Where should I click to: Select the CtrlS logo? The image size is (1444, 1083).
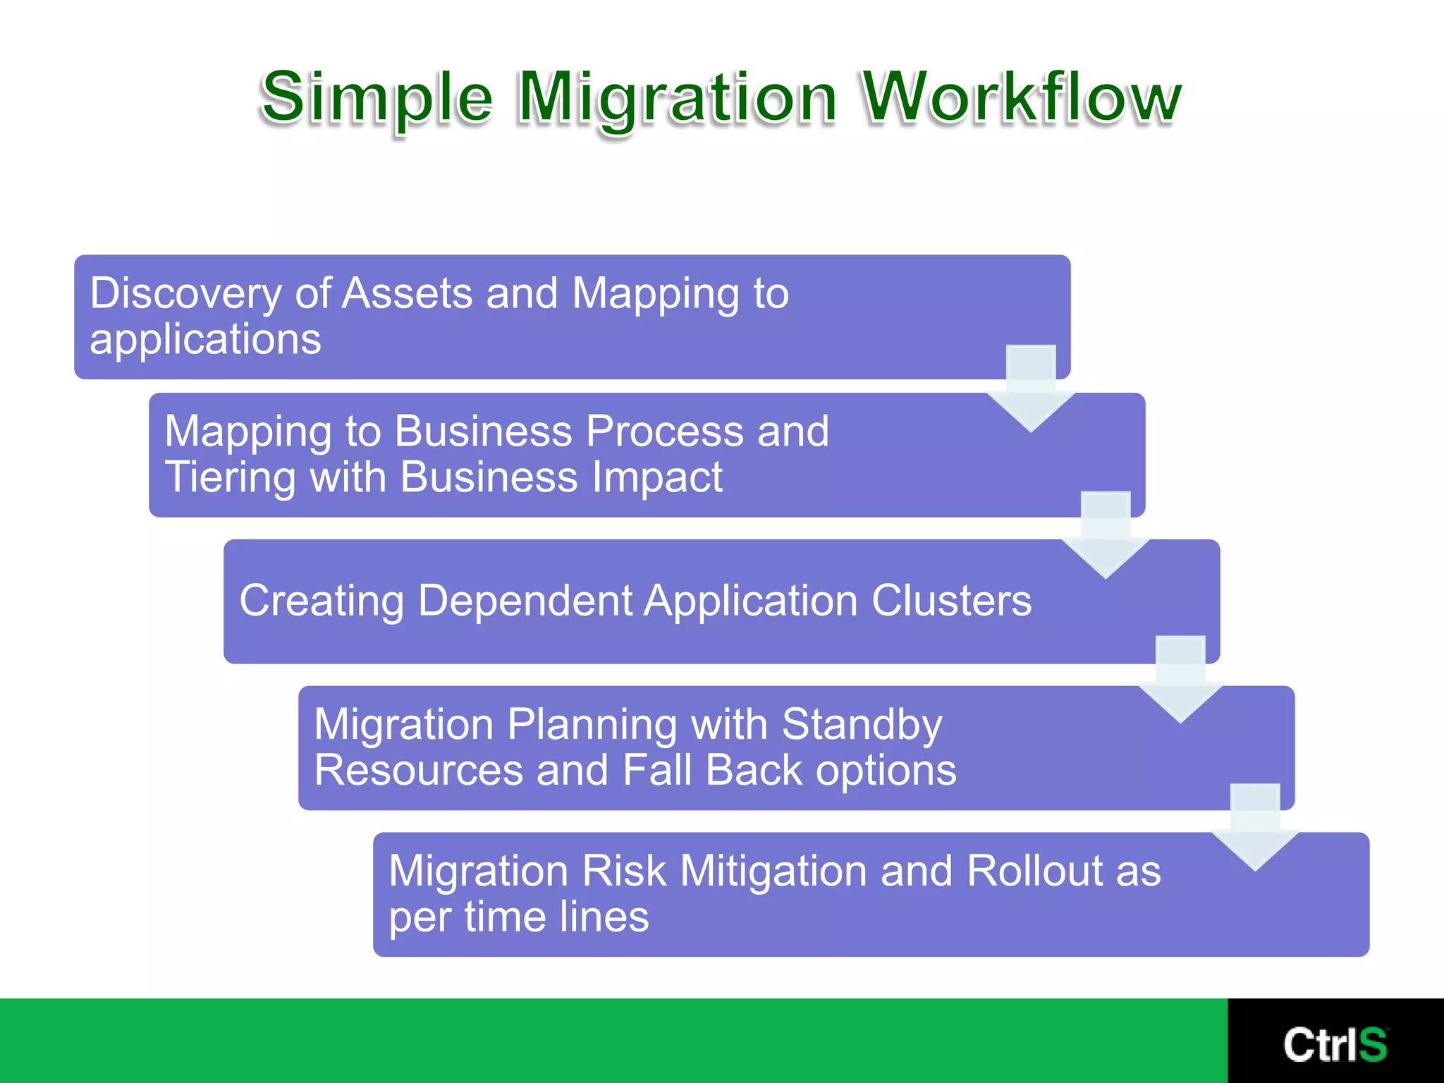pyautogui.click(x=1335, y=1044)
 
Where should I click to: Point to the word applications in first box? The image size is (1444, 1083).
pyautogui.click(x=205, y=339)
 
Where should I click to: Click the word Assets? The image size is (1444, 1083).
pyautogui.click(x=407, y=293)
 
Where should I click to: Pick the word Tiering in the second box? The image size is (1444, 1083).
pyautogui.click(x=230, y=477)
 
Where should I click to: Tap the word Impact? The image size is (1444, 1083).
pyautogui.click(x=656, y=477)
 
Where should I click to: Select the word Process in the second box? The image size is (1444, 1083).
pyautogui.click(x=664, y=432)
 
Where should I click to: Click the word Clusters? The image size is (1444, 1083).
pyautogui.click(x=951, y=601)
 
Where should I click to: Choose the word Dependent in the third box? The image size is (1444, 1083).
pyautogui.click(x=525, y=601)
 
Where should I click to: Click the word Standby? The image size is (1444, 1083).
pyautogui.click(x=862, y=724)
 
